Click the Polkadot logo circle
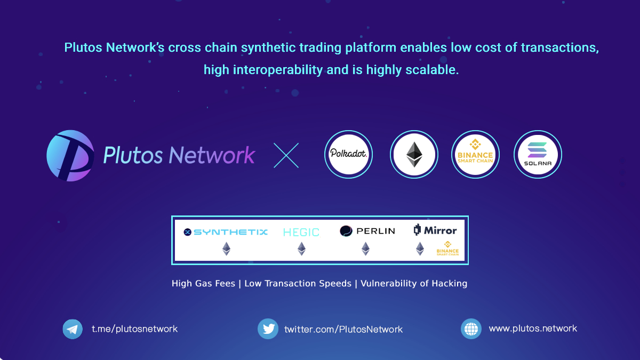click(348, 154)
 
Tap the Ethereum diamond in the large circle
click(414, 155)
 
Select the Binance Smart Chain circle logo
click(475, 154)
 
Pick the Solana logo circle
click(538, 154)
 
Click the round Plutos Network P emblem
click(70, 156)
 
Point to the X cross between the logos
click(286, 155)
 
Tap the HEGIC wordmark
click(301, 233)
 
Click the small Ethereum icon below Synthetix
click(226, 249)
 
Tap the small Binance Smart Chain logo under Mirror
click(447, 249)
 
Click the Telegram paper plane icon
click(73, 329)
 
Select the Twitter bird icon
click(268, 329)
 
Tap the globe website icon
click(471, 329)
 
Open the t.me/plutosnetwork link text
click(134, 329)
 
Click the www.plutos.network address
click(533, 329)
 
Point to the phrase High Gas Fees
click(203, 283)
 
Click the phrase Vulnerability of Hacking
click(414, 283)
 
